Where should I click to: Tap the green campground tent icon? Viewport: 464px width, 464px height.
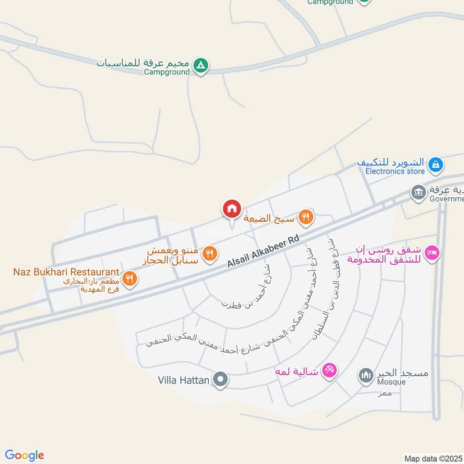[200, 66]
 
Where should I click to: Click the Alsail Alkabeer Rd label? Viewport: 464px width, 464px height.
[264, 251]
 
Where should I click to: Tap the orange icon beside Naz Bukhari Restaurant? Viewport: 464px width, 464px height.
[130, 279]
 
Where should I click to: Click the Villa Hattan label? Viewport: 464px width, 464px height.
[183, 381]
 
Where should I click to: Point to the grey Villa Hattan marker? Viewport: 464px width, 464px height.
[220, 381]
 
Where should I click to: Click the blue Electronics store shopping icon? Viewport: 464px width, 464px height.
[435, 166]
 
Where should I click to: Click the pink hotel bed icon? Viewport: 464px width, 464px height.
[432, 253]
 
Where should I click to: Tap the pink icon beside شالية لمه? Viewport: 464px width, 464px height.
[329, 369]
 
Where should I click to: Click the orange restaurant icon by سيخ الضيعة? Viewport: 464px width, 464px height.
[306, 217]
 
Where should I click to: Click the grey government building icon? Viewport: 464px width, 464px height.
[418, 192]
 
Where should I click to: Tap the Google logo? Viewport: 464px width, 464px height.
[24, 455]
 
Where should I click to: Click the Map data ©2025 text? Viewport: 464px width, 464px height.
[432, 458]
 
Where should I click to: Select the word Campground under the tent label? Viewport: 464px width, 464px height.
[167, 72]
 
